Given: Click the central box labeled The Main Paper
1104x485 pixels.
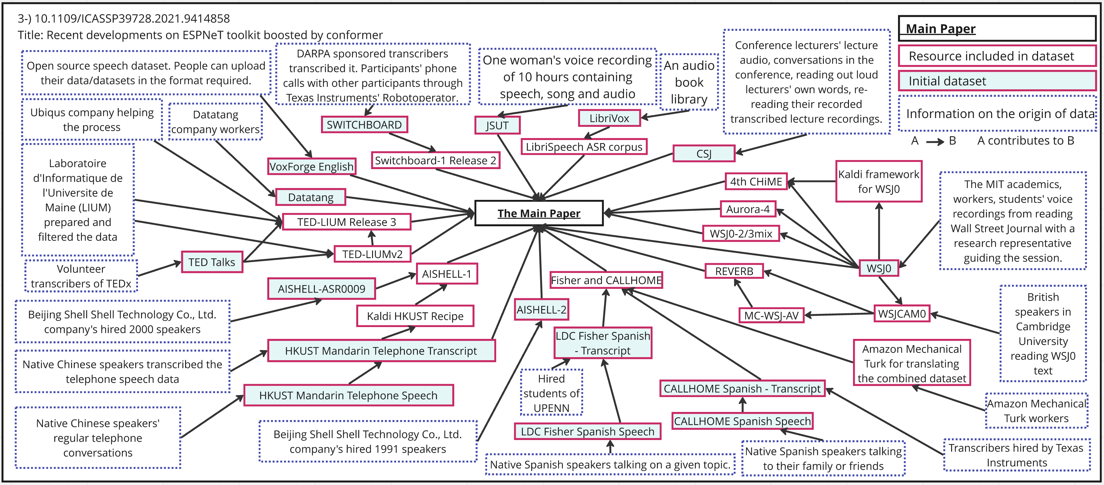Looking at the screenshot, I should [x=539, y=213].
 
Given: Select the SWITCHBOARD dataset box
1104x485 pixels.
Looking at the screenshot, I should [x=364, y=125].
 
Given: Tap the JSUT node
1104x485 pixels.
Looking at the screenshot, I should [x=497, y=125].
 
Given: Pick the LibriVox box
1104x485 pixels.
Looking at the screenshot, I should [x=609, y=118].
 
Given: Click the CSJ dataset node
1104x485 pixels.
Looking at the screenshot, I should [x=704, y=154].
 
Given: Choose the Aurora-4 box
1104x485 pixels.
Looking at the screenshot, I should [x=747, y=209].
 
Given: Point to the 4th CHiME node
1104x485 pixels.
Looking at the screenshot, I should [x=756, y=182].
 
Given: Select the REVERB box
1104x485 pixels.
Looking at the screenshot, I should [x=734, y=271].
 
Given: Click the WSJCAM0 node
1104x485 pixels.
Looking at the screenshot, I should [x=902, y=314].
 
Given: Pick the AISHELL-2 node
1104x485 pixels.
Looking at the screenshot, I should [x=541, y=309].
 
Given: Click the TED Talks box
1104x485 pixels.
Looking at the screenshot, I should [x=212, y=262].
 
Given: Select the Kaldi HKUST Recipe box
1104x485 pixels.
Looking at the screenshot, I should [x=415, y=316].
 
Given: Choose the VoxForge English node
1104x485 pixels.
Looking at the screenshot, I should [x=312, y=166].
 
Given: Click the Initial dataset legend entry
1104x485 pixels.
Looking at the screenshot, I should [x=996, y=81].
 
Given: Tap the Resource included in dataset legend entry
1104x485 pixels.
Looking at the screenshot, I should [x=996, y=56].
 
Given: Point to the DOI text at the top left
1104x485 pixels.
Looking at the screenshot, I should [x=123, y=18].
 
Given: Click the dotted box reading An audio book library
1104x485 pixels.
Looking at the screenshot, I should [x=689, y=82].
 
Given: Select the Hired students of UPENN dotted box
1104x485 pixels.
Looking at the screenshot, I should [x=551, y=393].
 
